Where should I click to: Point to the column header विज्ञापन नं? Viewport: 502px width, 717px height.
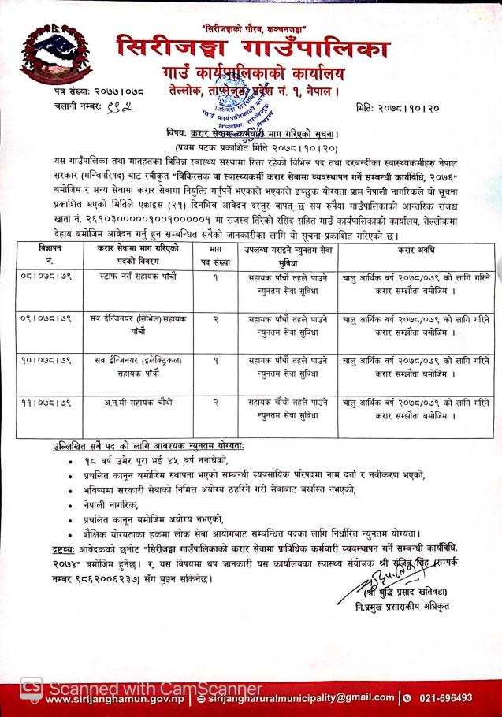pos(45,254)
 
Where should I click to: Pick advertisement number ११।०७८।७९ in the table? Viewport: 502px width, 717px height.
pos(45,402)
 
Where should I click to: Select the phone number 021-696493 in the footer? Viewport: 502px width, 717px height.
pos(445,697)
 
